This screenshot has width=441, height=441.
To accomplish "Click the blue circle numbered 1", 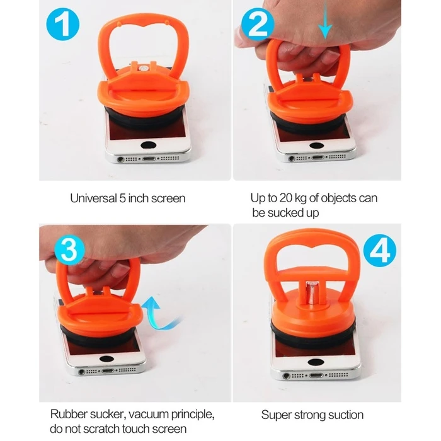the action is [63, 24].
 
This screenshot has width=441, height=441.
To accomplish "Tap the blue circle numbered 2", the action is [258, 25].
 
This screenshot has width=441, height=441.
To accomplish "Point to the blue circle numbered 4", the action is [380, 251].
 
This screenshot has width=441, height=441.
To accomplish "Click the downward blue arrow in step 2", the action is [325, 20].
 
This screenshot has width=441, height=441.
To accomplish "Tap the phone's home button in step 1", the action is [149, 145].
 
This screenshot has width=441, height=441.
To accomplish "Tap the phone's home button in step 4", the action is [316, 362].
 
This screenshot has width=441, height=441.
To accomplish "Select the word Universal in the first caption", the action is [93, 198].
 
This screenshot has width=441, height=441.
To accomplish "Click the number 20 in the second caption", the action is [286, 198].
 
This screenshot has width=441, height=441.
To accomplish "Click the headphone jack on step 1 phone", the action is [121, 159].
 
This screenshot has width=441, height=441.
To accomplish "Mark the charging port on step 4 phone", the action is [316, 375].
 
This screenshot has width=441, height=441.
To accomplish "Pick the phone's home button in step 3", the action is [106, 358].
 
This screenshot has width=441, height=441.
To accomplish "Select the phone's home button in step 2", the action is [317, 146].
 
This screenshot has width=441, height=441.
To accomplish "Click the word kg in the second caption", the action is [301, 198].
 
